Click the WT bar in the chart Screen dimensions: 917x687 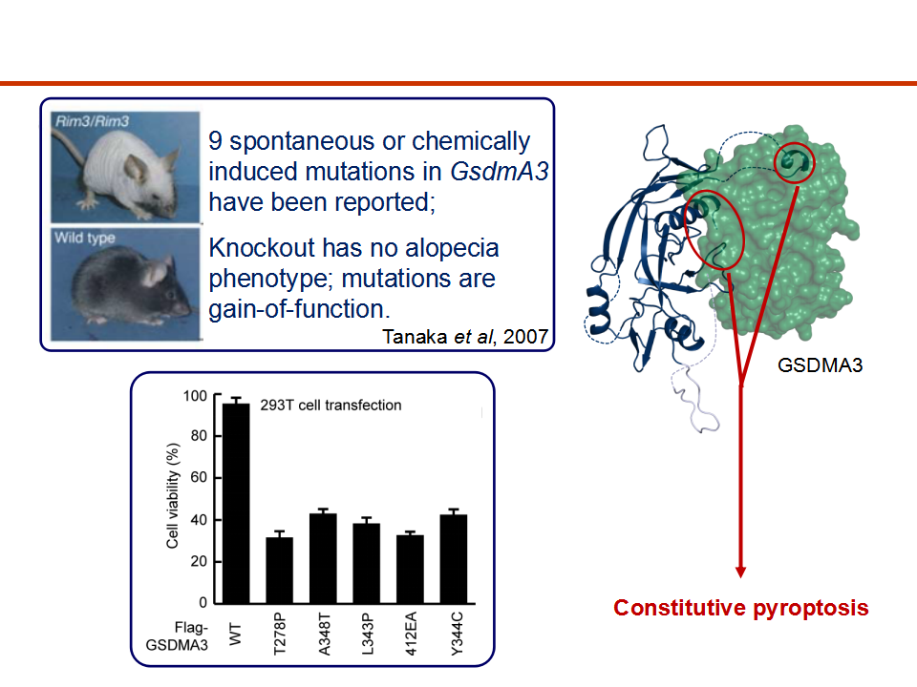pyautogui.click(x=236, y=503)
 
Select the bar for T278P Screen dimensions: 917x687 pyautogui.click(x=280, y=571)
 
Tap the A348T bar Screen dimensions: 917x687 pyautogui.click(x=323, y=558)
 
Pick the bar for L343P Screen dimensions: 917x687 pyautogui.click(x=366, y=563)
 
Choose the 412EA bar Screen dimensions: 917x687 pyautogui.click(x=410, y=569)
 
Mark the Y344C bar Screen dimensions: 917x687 pyautogui.click(x=454, y=559)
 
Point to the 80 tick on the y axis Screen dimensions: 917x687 pyautogui.click(x=199, y=436)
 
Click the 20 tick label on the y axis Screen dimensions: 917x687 pyautogui.click(x=199, y=561)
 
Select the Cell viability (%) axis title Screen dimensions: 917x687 pyautogui.click(x=173, y=496)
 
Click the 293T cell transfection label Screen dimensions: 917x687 pyautogui.click(x=331, y=405)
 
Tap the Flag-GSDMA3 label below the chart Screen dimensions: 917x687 pyautogui.click(x=178, y=636)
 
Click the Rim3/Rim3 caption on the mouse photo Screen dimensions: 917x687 pyautogui.click(x=92, y=121)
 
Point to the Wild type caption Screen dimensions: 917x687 pyautogui.click(x=85, y=238)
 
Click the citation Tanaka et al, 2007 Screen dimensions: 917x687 pyautogui.click(x=465, y=337)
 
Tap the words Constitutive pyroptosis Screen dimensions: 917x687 pyautogui.click(x=741, y=608)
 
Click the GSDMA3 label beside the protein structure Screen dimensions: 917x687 pyautogui.click(x=820, y=365)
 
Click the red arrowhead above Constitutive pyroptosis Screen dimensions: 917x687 pyautogui.click(x=741, y=572)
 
